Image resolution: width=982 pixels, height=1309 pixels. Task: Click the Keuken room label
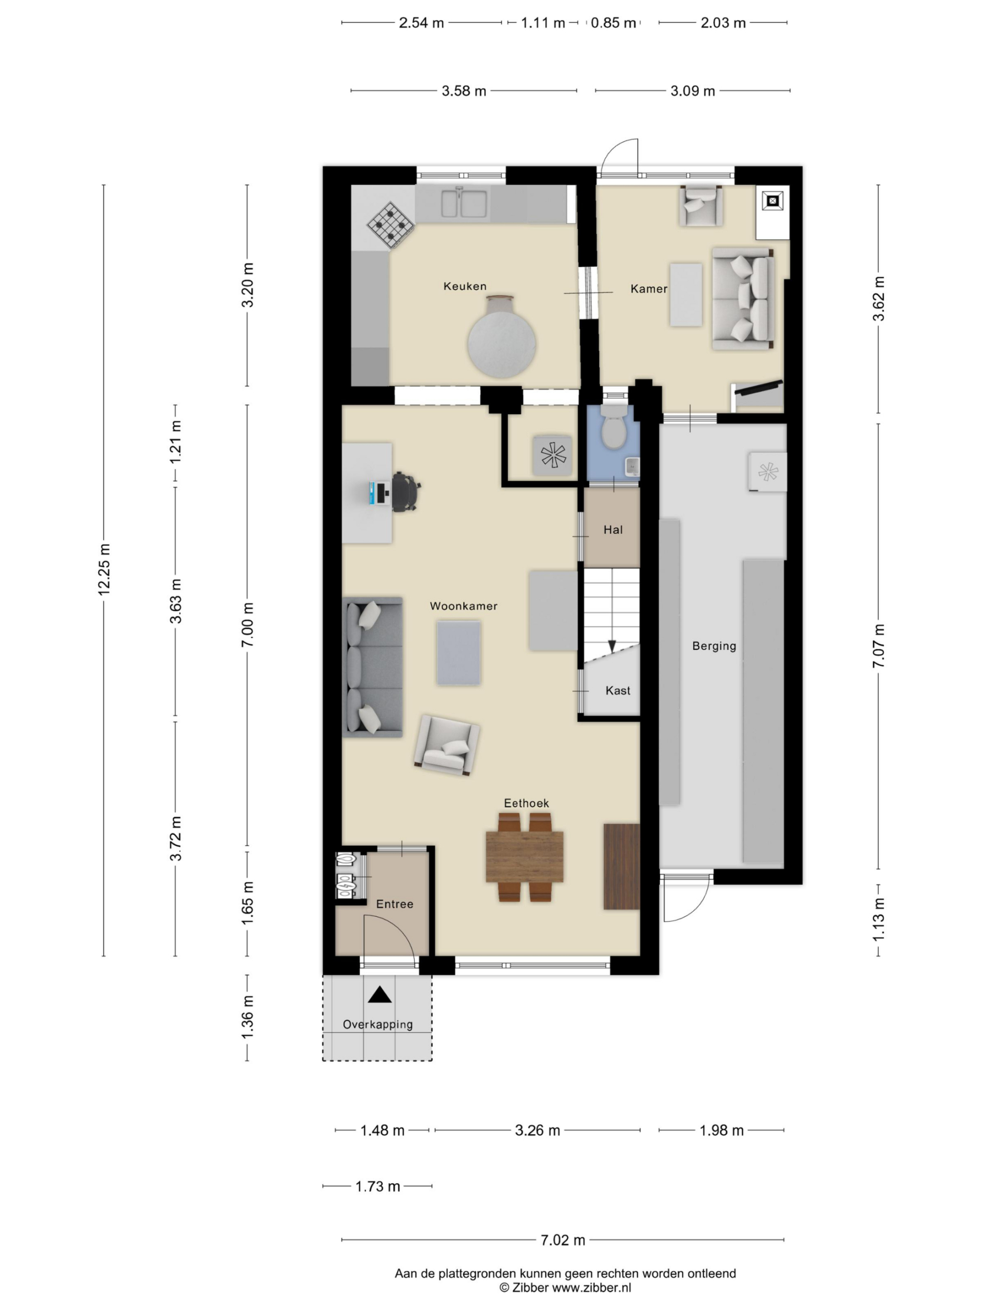[464, 286]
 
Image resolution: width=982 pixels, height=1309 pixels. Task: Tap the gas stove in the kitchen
[390, 225]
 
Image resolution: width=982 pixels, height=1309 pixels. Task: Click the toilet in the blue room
[613, 430]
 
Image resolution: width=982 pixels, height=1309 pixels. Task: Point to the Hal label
[613, 530]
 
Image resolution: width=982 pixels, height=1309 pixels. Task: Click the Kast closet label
[617, 691]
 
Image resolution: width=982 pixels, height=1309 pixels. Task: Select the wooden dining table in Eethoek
[524, 857]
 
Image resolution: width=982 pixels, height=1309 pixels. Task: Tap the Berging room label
[714, 646]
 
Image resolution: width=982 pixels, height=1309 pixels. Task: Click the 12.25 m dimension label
[104, 569]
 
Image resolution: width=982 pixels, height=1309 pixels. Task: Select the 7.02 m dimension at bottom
[562, 1240]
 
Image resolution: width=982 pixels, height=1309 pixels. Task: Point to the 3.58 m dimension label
[463, 91]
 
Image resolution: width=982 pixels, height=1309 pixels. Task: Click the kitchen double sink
[463, 203]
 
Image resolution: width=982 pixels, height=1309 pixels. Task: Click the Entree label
[394, 904]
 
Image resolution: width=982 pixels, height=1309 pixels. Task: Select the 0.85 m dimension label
[613, 23]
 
